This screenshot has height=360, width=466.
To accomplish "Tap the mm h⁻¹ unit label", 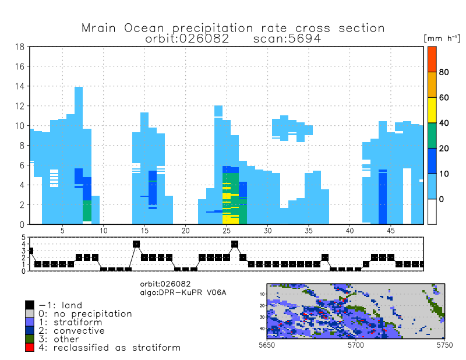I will point(443,37).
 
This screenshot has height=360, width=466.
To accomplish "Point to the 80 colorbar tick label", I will point(444,72).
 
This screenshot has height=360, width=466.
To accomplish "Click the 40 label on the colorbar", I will point(444,123).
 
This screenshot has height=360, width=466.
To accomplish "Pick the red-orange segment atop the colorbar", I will point(432,59).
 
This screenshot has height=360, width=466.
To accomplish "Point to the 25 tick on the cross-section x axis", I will point(227,231).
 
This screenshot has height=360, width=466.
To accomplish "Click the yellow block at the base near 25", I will point(231,220).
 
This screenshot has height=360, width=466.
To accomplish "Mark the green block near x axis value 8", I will point(87,210).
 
